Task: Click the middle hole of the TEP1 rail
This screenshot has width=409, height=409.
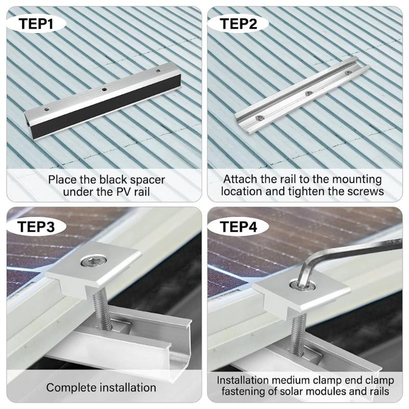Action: (104, 89)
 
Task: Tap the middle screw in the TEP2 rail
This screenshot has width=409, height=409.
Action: (308, 93)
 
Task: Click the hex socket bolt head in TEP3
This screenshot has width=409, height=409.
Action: (93, 263)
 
